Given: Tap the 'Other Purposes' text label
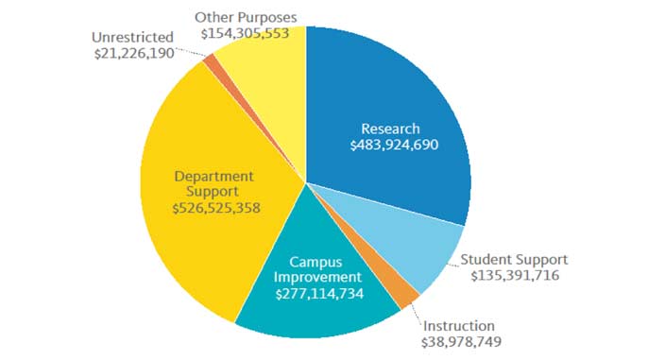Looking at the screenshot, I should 245,16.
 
